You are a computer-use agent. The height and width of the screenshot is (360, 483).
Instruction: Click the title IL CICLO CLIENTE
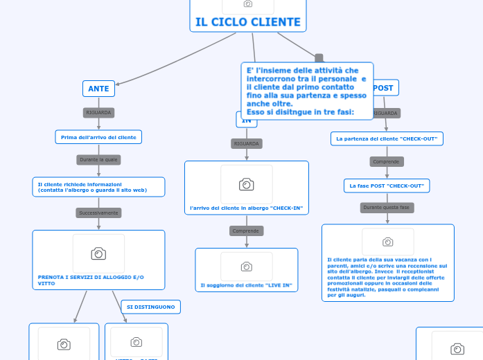tap(248, 22)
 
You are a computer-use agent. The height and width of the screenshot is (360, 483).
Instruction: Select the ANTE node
tap(99, 89)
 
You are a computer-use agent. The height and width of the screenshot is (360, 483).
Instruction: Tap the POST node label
tap(383, 88)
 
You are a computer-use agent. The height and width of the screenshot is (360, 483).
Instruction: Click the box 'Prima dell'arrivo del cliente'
tap(98, 137)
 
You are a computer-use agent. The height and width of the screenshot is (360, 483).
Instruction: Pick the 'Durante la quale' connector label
tap(99, 160)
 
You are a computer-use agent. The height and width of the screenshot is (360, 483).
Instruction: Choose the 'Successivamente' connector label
tap(98, 213)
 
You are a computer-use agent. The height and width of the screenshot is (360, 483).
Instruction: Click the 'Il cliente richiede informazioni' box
tap(98, 187)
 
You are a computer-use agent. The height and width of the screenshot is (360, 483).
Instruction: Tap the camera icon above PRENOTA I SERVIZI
tap(98, 253)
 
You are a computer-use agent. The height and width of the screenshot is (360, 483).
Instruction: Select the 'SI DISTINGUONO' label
tap(151, 307)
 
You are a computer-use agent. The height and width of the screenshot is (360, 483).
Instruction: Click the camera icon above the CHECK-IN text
tap(246, 184)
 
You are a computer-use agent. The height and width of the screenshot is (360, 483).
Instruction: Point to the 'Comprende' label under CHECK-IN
tap(246, 231)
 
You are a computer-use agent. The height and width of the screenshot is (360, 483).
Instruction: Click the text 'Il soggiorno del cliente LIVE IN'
tap(246, 285)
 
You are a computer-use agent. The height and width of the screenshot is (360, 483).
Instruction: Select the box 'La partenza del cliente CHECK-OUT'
tap(387, 138)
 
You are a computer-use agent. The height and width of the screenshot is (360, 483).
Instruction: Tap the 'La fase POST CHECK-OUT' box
tap(387, 186)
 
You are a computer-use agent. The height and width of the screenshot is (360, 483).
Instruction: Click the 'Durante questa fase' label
tap(387, 208)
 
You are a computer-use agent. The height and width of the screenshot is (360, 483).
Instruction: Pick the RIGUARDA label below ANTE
tap(98, 112)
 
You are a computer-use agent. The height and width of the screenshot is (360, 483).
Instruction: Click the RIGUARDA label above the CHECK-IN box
tap(246, 143)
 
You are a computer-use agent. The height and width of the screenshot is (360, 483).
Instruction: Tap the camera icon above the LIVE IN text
tap(246, 267)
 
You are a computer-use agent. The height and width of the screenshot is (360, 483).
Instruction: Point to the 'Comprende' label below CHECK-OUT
tap(387, 161)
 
